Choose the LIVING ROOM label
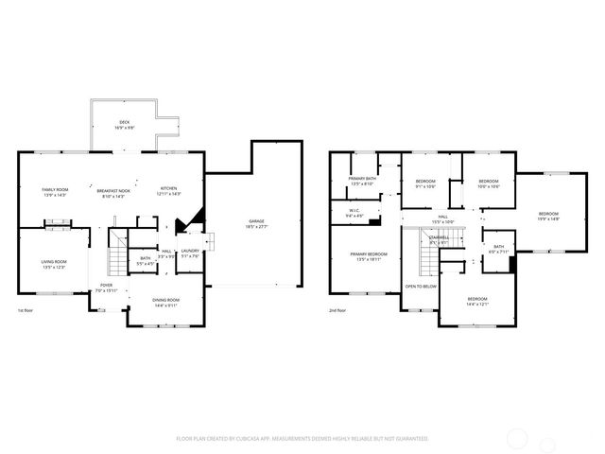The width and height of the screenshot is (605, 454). [53, 264]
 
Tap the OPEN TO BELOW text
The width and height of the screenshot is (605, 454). [420, 286]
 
